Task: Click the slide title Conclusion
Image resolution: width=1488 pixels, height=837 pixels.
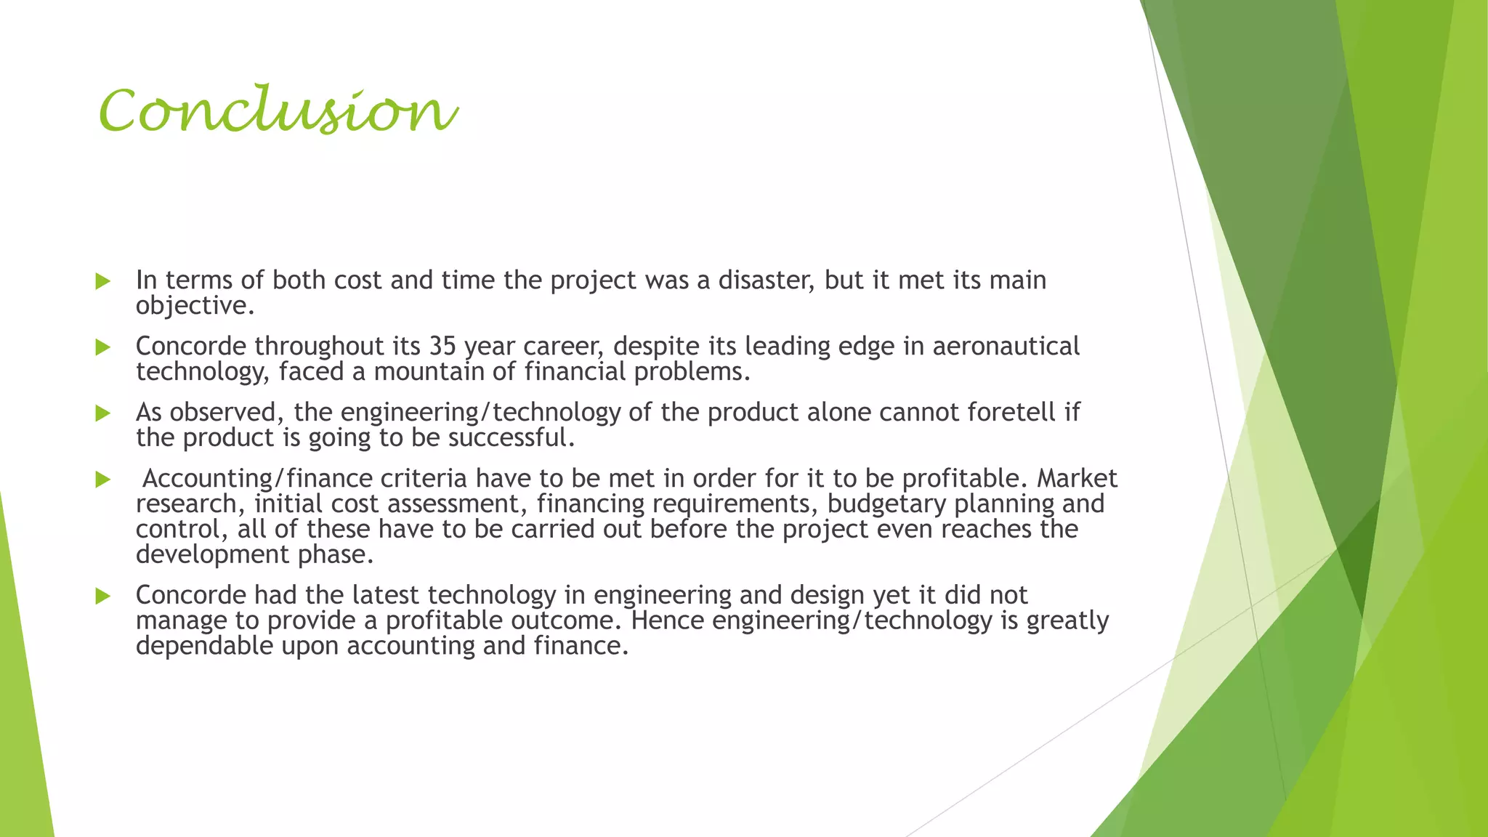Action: click(278, 110)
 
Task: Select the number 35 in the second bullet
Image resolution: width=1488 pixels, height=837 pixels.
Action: click(442, 347)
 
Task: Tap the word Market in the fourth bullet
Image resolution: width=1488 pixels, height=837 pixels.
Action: click(1077, 479)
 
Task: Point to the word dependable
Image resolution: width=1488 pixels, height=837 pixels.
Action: click(204, 646)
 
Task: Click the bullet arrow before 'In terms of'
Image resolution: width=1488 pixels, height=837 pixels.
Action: click(103, 281)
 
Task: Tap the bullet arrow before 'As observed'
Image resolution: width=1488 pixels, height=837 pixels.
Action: click(103, 413)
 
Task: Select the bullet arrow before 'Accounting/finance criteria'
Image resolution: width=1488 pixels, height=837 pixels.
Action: click(103, 480)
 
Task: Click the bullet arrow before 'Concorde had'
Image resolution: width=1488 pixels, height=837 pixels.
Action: click(103, 597)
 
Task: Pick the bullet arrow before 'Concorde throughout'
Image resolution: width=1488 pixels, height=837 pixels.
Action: click(103, 347)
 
